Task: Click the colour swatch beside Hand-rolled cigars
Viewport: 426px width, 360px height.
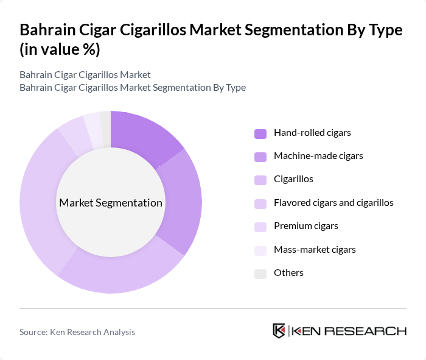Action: (260, 133)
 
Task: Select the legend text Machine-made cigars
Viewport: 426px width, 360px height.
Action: (318, 156)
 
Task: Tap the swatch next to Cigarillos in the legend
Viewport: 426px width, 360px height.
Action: (260, 180)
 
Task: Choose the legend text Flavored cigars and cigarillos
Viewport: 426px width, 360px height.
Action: (333, 203)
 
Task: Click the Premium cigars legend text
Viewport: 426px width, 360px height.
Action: (306, 226)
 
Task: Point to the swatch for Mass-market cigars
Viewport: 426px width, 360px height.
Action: (260, 250)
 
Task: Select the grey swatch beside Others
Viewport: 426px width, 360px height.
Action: (260, 274)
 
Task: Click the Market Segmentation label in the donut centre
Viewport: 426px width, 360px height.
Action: (110, 203)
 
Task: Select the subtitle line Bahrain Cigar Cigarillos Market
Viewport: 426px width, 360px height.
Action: (85, 75)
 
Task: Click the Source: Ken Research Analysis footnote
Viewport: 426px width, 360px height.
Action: (77, 332)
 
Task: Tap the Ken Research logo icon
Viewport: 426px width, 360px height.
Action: (279, 331)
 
